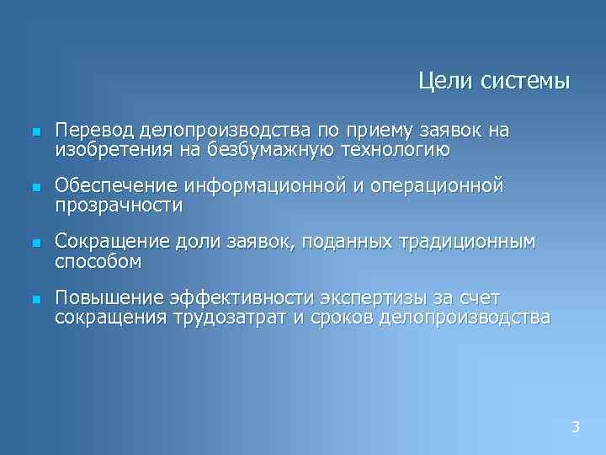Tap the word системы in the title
[x=525, y=82]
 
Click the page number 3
[x=576, y=427]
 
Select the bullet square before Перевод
[x=35, y=133]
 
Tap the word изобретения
[x=104, y=150]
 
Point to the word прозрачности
[x=119, y=205]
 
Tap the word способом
[x=98, y=261]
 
